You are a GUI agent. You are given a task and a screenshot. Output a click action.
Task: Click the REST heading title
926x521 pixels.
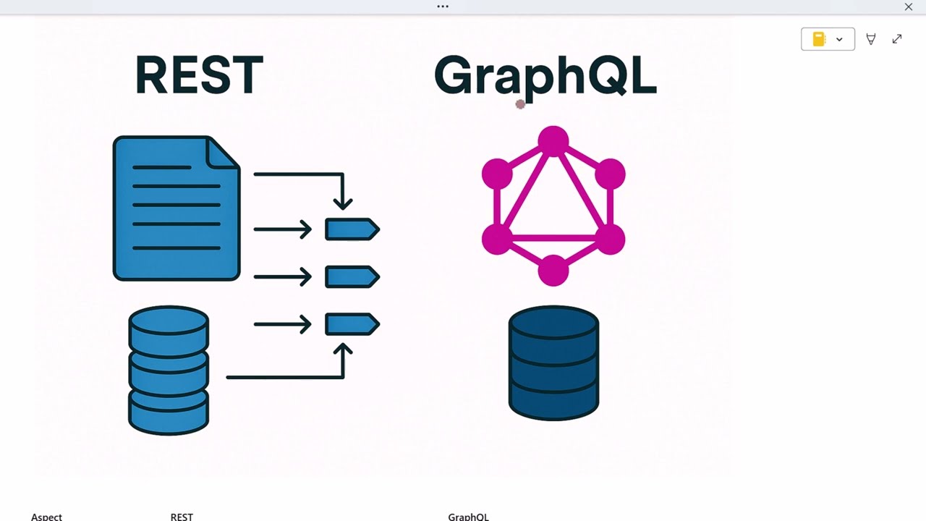click(199, 75)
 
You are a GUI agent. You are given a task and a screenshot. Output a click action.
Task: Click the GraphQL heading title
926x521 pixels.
click(545, 75)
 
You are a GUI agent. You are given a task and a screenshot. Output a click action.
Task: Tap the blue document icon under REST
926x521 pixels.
click(176, 208)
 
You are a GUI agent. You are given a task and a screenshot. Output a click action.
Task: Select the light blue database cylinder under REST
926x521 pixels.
click(169, 370)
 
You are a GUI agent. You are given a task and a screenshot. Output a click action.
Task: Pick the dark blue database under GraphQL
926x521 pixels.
click(553, 363)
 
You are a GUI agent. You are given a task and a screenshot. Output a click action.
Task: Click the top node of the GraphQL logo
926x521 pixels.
click(553, 141)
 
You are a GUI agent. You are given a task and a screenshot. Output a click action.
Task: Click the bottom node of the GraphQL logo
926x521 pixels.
click(553, 270)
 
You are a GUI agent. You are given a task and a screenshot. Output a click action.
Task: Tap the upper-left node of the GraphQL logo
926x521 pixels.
click(497, 174)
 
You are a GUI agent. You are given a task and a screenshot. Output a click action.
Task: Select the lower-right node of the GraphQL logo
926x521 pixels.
click(610, 239)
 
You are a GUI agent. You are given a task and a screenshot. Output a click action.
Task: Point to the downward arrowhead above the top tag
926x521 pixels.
click(343, 202)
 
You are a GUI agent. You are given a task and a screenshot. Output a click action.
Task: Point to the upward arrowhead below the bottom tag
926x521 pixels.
click(343, 351)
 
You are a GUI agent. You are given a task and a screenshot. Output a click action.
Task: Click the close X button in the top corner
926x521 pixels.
click(909, 7)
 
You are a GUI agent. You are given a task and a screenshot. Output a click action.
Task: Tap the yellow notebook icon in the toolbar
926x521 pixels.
click(819, 39)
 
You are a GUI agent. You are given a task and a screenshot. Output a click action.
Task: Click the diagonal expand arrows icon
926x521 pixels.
click(897, 39)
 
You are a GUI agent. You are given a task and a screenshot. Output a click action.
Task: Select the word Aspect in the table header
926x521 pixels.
click(46, 517)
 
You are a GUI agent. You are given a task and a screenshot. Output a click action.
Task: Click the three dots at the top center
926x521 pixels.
click(443, 7)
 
